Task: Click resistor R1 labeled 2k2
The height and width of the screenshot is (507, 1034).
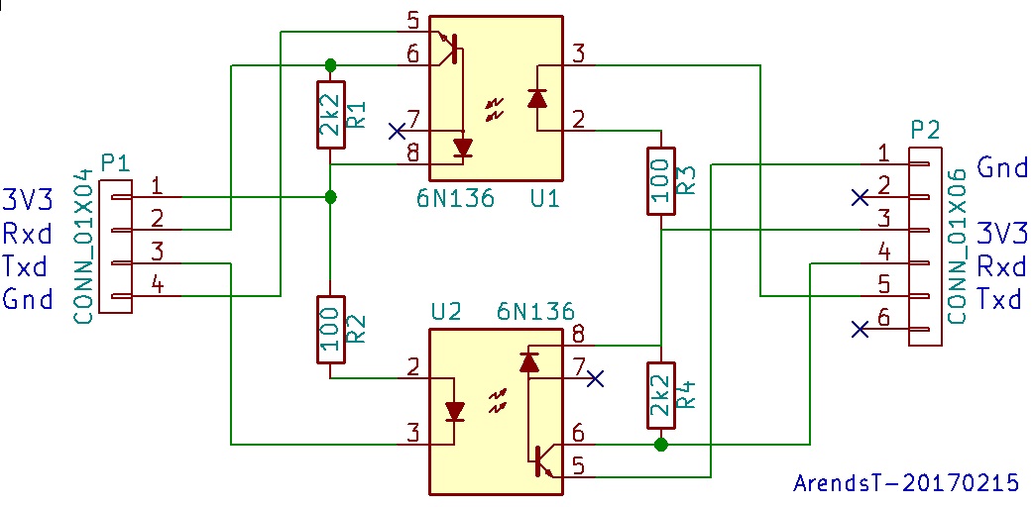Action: point(330,115)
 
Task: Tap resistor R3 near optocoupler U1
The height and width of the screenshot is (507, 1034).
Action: point(660,180)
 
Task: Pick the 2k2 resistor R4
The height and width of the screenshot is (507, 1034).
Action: point(660,394)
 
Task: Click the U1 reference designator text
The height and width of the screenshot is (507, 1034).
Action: point(544,199)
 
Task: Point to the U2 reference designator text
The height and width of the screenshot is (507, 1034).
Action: point(446,311)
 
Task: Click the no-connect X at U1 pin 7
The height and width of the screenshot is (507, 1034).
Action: point(397,131)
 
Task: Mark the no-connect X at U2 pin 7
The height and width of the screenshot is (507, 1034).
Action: point(595,378)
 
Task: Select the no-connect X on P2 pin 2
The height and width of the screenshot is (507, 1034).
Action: point(860,197)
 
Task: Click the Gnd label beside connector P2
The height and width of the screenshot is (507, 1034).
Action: point(1001,166)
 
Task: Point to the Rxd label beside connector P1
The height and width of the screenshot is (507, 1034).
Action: point(29,234)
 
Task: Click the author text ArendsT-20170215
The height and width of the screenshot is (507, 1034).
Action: point(906,482)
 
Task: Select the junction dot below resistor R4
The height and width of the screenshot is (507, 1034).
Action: point(660,445)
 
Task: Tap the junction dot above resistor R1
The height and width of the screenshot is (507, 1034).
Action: point(330,65)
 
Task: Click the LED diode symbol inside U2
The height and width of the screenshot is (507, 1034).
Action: point(455,410)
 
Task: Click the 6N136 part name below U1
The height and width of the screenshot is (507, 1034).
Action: point(455,199)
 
